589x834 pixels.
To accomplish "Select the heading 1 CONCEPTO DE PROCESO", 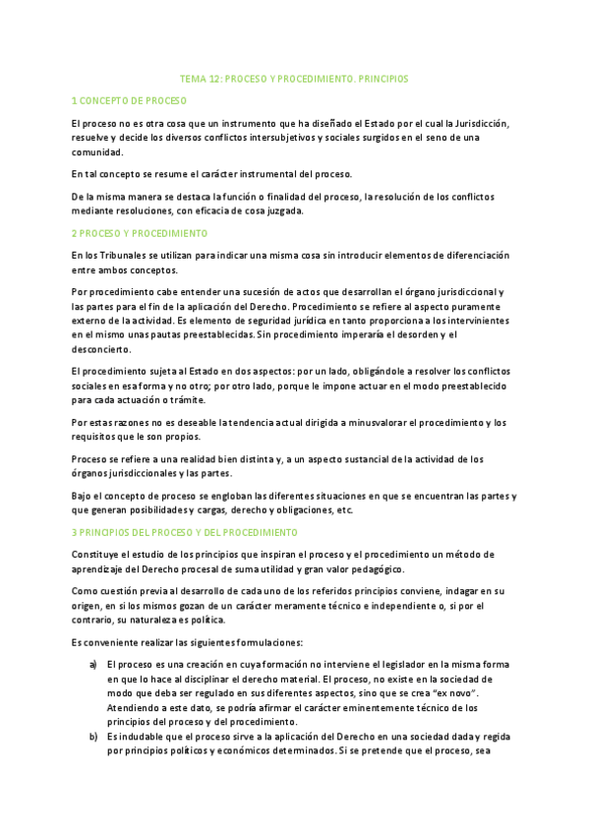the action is tap(130, 101).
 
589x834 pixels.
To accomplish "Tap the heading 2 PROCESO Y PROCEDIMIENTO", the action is tap(140, 233).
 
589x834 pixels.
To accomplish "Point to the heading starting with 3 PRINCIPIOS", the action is tap(185, 532).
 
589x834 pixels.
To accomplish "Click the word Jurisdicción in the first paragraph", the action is tap(480, 123).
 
